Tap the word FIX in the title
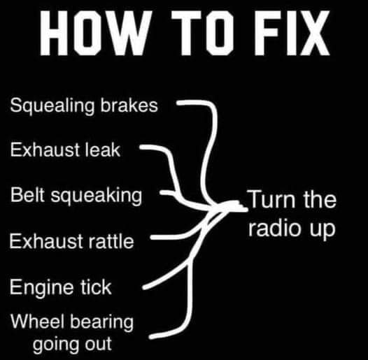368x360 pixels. [x=292, y=32]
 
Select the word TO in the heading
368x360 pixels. [x=202, y=32]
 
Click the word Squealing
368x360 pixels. [x=52, y=106]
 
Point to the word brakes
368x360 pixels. [x=129, y=105]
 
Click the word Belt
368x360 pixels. [x=27, y=194]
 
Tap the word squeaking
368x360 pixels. [x=97, y=196]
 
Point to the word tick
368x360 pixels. [x=97, y=287]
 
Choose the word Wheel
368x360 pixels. [x=37, y=322]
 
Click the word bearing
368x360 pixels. [x=102, y=322]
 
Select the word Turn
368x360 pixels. [x=271, y=199]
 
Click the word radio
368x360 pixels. [x=274, y=227]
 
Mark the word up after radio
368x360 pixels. [x=323, y=229]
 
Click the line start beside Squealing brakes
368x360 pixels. [x=178, y=103]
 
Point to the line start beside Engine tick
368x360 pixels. [x=145, y=287]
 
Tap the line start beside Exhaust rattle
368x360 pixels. [x=152, y=238]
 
